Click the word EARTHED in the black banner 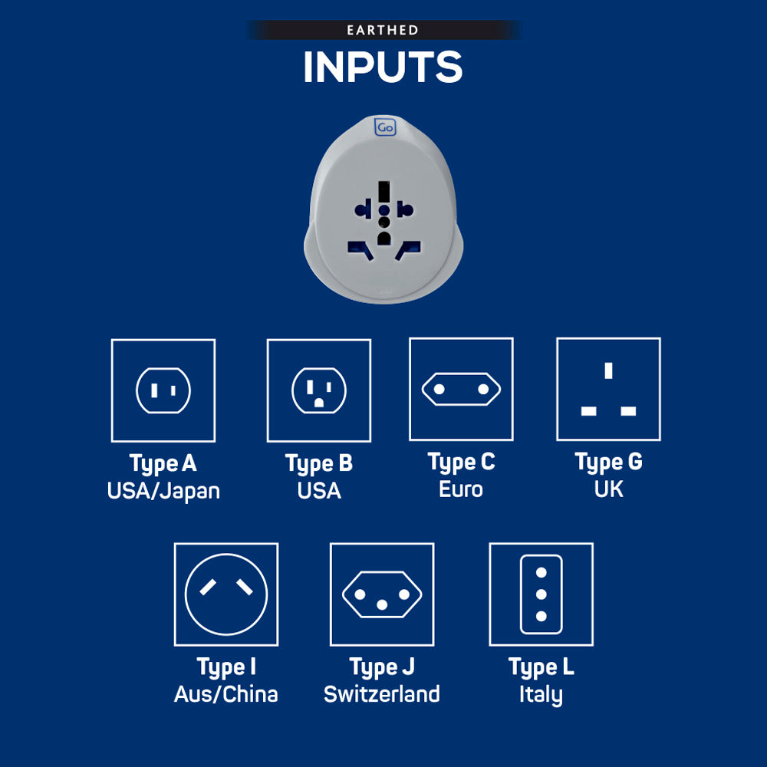point(383,31)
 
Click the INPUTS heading point(383,67)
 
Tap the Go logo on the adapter point(385,127)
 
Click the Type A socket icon point(163,390)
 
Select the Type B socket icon point(319,390)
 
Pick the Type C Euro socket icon point(461,389)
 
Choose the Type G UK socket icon point(608,389)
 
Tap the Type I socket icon point(226,594)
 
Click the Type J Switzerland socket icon point(382,594)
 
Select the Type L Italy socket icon point(541,594)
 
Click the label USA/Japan point(163,491)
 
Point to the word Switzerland point(382,694)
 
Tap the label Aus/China point(226,694)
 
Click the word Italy point(541,695)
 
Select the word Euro point(461,489)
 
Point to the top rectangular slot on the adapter point(384,191)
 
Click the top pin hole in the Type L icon point(541,572)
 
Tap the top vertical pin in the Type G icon point(608,370)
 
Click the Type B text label point(319,464)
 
